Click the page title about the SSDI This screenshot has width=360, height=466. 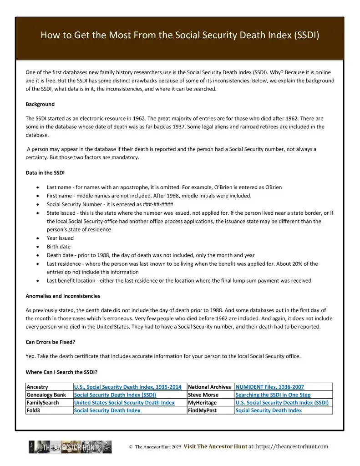[x=180, y=35]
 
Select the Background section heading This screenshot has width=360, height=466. [x=40, y=104]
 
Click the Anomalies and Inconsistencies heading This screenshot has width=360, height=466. [x=63, y=296]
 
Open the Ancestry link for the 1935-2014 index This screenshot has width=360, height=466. [x=127, y=387]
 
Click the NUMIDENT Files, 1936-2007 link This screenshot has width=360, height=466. [x=269, y=387]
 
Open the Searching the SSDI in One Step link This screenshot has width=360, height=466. [x=273, y=395]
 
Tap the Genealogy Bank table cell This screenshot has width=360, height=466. [x=46, y=395]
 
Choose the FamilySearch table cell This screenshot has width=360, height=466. [x=44, y=403]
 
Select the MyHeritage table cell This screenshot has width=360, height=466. [x=203, y=403]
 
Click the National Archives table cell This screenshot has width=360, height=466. [x=209, y=387]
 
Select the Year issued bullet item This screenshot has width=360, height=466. [x=60, y=238]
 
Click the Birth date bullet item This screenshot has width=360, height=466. [x=59, y=247]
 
